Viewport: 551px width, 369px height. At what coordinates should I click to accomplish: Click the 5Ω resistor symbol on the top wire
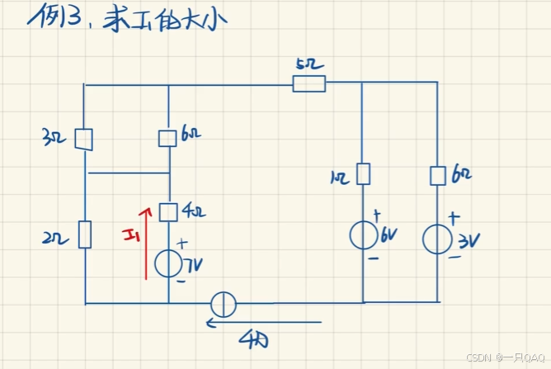[x=309, y=83]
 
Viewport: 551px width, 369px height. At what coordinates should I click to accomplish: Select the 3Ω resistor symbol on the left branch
[x=83, y=139]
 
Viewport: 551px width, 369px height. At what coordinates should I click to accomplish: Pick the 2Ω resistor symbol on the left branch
[x=85, y=234]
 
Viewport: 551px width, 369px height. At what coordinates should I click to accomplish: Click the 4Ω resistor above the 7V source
[x=168, y=212]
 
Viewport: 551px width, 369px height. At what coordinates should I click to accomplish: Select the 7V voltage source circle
[x=168, y=263]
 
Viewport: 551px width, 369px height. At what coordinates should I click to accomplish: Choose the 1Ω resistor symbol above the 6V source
[x=363, y=173]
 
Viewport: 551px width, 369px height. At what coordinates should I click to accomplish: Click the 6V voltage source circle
[x=363, y=235]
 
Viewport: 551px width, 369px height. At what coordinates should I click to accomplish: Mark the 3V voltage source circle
[x=436, y=240]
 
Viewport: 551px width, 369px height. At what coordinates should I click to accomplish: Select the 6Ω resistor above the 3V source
[x=437, y=175]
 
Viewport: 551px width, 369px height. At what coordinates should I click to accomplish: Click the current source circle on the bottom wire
[x=224, y=304]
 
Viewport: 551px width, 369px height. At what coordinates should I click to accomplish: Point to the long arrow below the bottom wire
[x=264, y=323]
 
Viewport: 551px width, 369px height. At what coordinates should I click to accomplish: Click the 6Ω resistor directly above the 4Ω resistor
[x=168, y=136]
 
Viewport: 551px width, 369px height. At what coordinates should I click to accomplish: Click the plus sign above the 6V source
[x=376, y=215]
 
